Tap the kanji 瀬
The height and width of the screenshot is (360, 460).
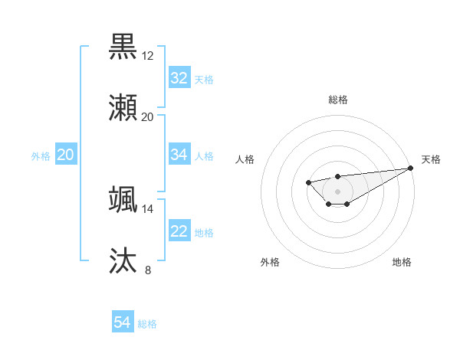[x=123, y=107]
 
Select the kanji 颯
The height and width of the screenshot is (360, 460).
[x=123, y=199]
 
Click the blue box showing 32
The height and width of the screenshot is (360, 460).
[x=179, y=78]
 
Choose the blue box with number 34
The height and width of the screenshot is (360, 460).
[x=179, y=155]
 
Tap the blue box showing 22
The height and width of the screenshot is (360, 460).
[x=179, y=231]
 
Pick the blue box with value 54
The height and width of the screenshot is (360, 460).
[x=123, y=322]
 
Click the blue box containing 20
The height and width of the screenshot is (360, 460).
[x=66, y=155]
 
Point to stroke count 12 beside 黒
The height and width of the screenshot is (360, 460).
[x=147, y=56]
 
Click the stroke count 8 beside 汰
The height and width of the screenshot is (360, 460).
[x=147, y=270]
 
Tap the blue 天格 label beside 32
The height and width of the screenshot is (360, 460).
[x=204, y=79]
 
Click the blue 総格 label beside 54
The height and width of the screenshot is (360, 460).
[x=147, y=324]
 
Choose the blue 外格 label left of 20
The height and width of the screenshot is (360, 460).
[x=41, y=155]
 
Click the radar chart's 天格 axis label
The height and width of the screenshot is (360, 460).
[x=431, y=159]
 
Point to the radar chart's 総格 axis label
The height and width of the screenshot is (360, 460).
[x=337, y=100]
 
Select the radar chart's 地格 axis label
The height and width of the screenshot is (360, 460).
[x=402, y=262]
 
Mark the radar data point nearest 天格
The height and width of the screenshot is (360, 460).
[x=410, y=168]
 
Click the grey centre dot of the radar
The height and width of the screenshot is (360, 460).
[x=337, y=191]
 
